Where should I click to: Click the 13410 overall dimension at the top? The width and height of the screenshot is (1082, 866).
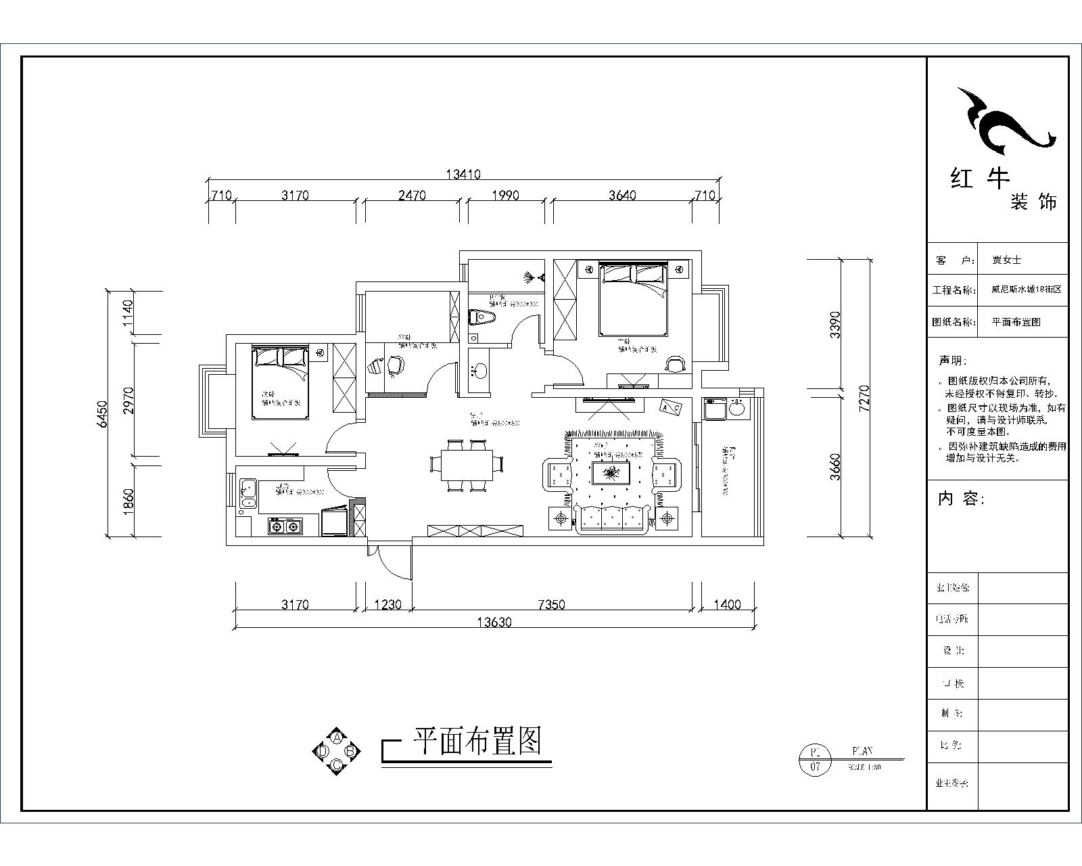(x=463, y=175)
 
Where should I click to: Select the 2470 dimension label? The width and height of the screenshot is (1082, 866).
(x=412, y=196)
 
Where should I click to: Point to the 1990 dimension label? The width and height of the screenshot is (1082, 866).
(x=505, y=196)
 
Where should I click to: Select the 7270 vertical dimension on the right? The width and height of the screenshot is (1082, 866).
(x=864, y=399)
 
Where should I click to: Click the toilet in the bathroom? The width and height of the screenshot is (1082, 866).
(x=482, y=317)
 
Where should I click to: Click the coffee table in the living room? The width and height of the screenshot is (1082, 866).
(x=612, y=473)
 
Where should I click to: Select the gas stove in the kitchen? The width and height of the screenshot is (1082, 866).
(x=285, y=525)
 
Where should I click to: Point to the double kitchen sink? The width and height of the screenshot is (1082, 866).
(x=248, y=493)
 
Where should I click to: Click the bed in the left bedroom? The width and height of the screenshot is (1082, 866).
(x=280, y=382)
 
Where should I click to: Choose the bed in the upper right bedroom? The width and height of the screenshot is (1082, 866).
(x=633, y=299)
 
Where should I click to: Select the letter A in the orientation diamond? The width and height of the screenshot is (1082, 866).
(x=336, y=737)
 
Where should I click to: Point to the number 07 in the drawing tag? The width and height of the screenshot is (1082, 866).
(x=814, y=767)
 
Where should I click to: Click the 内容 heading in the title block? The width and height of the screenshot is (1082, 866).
(x=961, y=499)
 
